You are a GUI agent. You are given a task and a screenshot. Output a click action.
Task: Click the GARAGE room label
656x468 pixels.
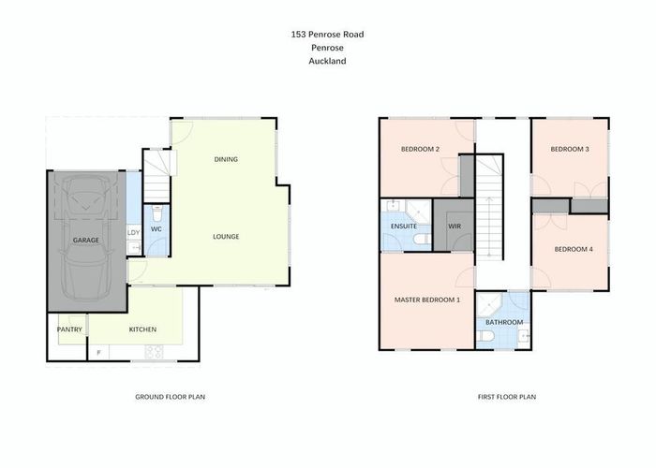coord(86,240)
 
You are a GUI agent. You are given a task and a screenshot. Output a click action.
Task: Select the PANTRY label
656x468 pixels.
coord(70,329)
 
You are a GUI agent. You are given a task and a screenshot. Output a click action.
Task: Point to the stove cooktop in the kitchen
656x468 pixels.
coord(154,353)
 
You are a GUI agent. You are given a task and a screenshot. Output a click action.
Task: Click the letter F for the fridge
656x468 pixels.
coord(100,353)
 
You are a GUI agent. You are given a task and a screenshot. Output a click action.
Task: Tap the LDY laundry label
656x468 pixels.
coord(133,233)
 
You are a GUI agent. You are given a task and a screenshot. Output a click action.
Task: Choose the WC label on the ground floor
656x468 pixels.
coord(157,229)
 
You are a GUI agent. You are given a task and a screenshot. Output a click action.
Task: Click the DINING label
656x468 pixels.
coord(226,159)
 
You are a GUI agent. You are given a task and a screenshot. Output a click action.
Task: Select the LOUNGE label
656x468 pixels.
coord(226,237)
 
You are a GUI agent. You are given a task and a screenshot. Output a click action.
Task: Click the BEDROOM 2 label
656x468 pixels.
coord(421,150)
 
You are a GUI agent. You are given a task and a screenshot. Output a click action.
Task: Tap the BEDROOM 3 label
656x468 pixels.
coord(569,150)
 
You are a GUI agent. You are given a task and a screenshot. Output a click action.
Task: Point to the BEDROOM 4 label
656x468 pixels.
coord(573,249)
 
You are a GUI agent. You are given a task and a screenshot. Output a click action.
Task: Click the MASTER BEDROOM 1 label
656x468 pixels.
coord(427,300)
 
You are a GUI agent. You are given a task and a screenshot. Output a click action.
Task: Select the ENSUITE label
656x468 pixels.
coord(404,226)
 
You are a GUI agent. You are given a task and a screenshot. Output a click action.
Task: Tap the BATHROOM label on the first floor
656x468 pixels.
coord(504,323)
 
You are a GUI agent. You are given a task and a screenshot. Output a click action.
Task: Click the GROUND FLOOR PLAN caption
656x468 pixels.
coord(171,397)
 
